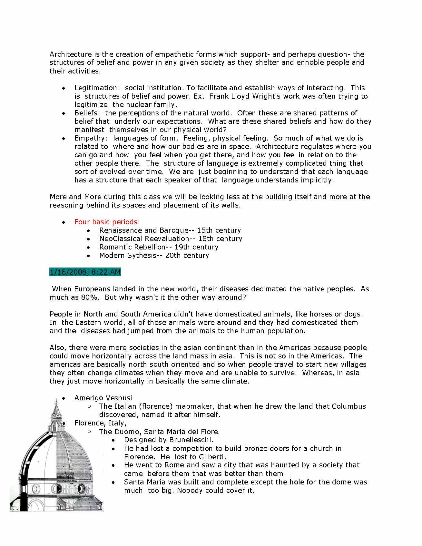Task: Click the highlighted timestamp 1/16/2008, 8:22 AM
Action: point(85,272)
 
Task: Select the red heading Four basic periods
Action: point(107,222)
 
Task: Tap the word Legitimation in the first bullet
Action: point(96,88)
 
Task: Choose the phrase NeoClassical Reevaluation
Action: point(144,239)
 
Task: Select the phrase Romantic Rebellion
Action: point(132,247)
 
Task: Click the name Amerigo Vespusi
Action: point(103,398)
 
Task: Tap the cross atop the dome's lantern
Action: point(56,402)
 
